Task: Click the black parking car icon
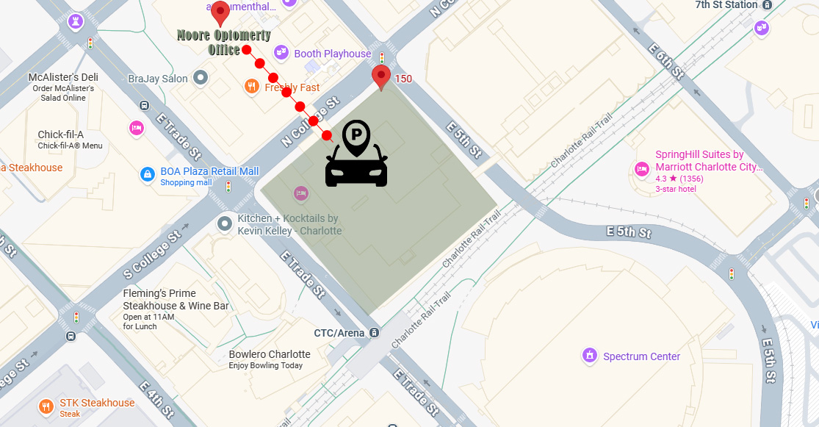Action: click(x=356, y=154)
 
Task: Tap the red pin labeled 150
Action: click(x=380, y=76)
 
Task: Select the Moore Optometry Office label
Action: click(x=224, y=43)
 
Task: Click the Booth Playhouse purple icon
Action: click(x=281, y=53)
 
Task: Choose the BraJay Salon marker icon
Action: click(x=201, y=78)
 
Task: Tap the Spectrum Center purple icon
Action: click(x=589, y=356)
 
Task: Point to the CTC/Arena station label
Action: click(x=339, y=333)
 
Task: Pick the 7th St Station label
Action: click(x=726, y=5)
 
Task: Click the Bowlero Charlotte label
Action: click(x=270, y=354)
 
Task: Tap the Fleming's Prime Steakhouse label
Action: click(x=176, y=299)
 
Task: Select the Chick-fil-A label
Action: click(x=60, y=134)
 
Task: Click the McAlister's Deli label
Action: click(x=63, y=77)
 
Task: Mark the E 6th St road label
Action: click(x=666, y=61)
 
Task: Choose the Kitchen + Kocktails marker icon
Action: click(x=225, y=223)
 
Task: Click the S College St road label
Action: click(x=152, y=254)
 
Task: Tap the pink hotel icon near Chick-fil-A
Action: click(x=136, y=128)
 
